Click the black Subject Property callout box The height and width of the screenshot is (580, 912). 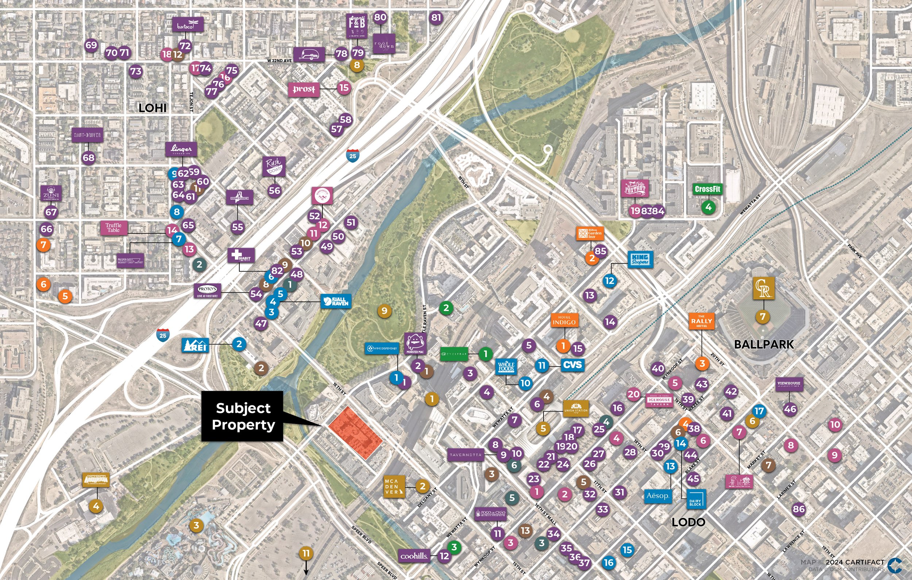pos(242,416)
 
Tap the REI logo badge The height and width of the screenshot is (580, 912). pos(195,345)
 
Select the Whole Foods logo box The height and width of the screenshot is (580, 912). pos(506,366)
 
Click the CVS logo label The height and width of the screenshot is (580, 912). pos(572,365)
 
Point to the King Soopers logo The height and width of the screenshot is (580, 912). pos(640,259)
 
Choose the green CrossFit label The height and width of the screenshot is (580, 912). pos(707,189)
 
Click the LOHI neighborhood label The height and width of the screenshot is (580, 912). pos(152,108)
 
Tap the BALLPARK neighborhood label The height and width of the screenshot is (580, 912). pos(764,344)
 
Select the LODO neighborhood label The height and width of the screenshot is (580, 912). pos(688,522)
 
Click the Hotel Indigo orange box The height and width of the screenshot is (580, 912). pos(564,320)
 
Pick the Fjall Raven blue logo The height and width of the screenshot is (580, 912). pos(336,301)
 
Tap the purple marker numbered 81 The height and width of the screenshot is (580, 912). pos(436,17)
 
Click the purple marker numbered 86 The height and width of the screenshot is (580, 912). pos(799,509)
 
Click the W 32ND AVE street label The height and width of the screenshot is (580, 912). pos(279,61)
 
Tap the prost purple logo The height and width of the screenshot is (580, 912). pos(304,89)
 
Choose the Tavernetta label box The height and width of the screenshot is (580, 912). pos(465,455)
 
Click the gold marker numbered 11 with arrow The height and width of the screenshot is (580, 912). pos(306,553)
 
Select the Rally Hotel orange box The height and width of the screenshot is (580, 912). pos(702,321)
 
